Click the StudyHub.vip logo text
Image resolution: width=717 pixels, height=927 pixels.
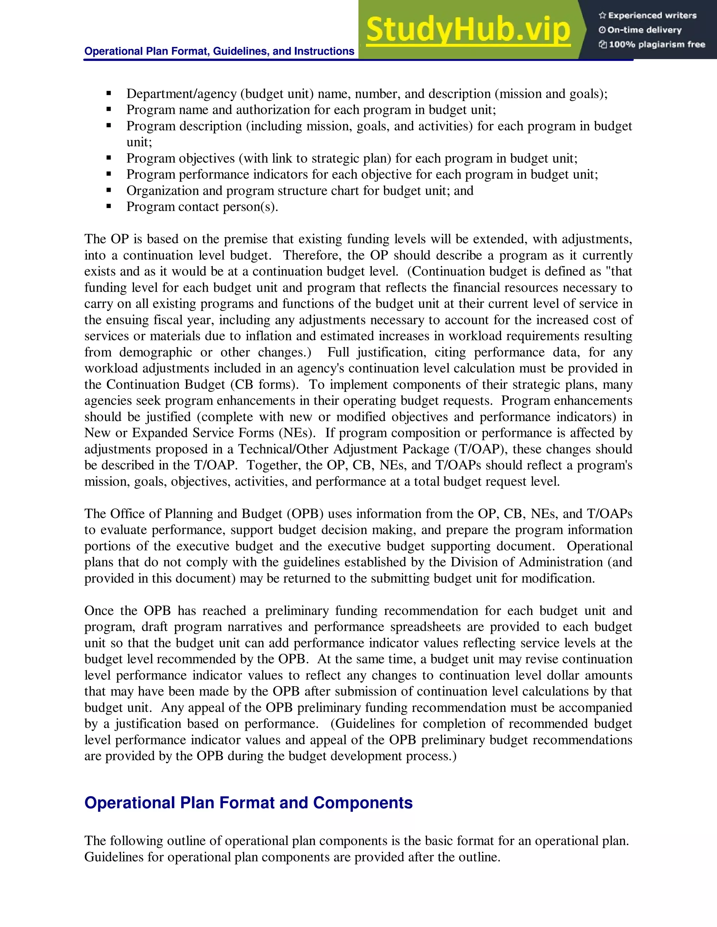468,30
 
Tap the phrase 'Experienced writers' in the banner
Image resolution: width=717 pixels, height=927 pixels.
652,16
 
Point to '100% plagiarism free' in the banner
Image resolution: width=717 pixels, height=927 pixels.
657,44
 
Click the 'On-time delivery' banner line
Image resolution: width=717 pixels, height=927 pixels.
645,30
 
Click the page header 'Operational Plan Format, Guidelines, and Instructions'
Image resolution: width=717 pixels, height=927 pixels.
219,51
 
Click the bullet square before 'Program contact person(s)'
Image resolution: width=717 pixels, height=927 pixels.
109,207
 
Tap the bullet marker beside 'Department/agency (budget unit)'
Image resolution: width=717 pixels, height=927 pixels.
109,93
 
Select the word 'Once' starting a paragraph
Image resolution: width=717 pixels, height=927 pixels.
98,611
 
